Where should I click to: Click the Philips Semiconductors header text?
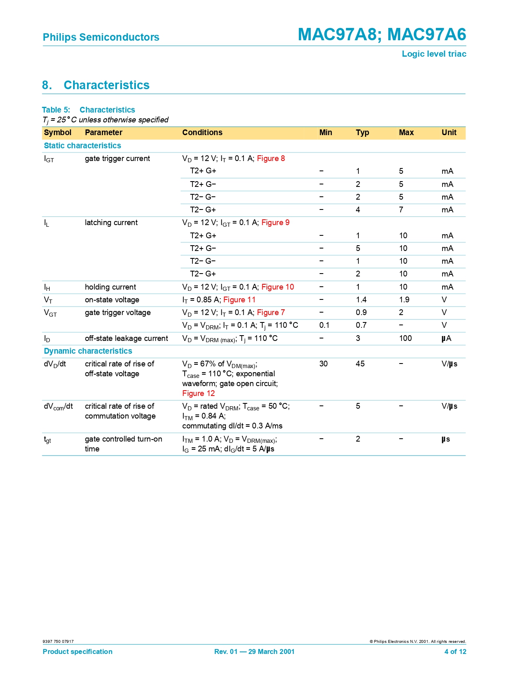[x=101, y=37]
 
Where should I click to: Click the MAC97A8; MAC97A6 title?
[x=382, y=35]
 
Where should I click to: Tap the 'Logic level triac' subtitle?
[x=434, y=54]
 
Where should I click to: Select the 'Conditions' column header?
[x=202, y=133]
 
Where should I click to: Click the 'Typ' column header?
[x=362, y=133]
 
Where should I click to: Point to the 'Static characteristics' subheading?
[x=83, y=146]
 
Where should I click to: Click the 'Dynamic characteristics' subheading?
[x=88, y=351]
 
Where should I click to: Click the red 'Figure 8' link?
[x=271, y=159]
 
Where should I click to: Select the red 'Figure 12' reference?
[x=199, y=394]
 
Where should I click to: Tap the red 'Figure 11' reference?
[x=239, y=300]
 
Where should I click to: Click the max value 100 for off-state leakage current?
[x=406, y=338]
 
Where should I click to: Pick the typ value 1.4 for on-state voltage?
[x=361, y=300]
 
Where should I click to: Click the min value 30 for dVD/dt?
[x=323, y=364]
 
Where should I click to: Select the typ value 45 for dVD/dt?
[x=360, y=364]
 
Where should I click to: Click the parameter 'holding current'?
[x=110, y=287]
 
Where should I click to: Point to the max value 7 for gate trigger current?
[x=401, y=210]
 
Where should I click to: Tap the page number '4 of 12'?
[x=455, y=651]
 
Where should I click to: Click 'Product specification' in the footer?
[x=78, y=651]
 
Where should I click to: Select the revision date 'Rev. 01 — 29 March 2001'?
[x=254, y=651]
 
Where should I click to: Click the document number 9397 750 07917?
[x=58, y=641]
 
